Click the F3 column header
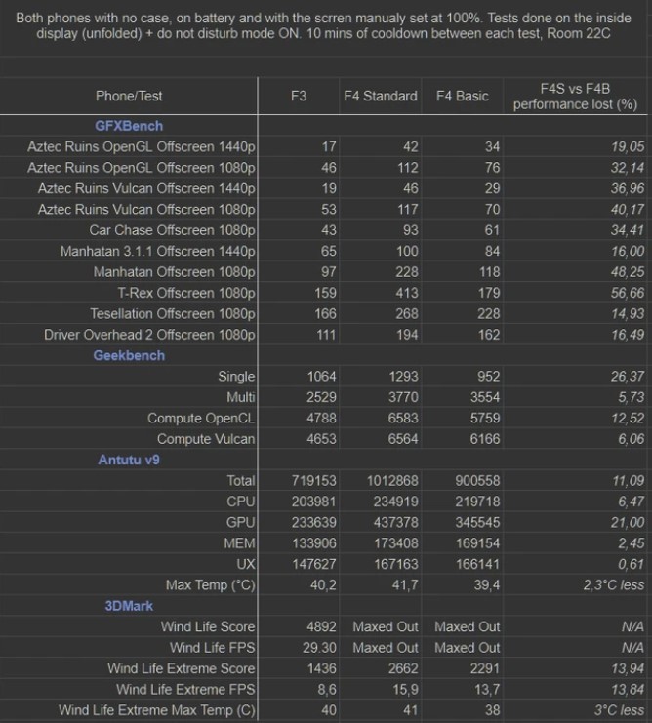(x=299, y=96)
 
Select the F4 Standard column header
(x=380, y=96)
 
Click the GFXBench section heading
(x=129, y=126)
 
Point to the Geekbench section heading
(x=129, y=355)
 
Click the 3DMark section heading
(x=129, y=606)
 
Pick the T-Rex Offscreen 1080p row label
(x=186, y=293)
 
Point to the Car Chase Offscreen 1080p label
(x=172, y=230)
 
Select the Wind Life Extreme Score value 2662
(x=401, y=668)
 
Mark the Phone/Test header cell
(x=129, y=96)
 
